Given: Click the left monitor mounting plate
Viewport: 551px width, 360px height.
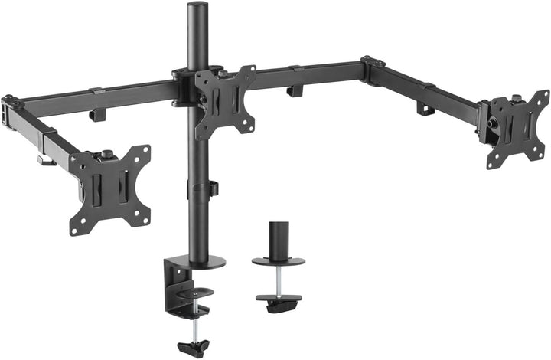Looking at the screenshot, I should (x=110, y=189).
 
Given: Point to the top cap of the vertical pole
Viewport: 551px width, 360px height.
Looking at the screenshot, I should (x=190, y=7).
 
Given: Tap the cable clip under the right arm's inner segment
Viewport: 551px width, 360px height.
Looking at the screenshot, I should (x=294, y=91).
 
